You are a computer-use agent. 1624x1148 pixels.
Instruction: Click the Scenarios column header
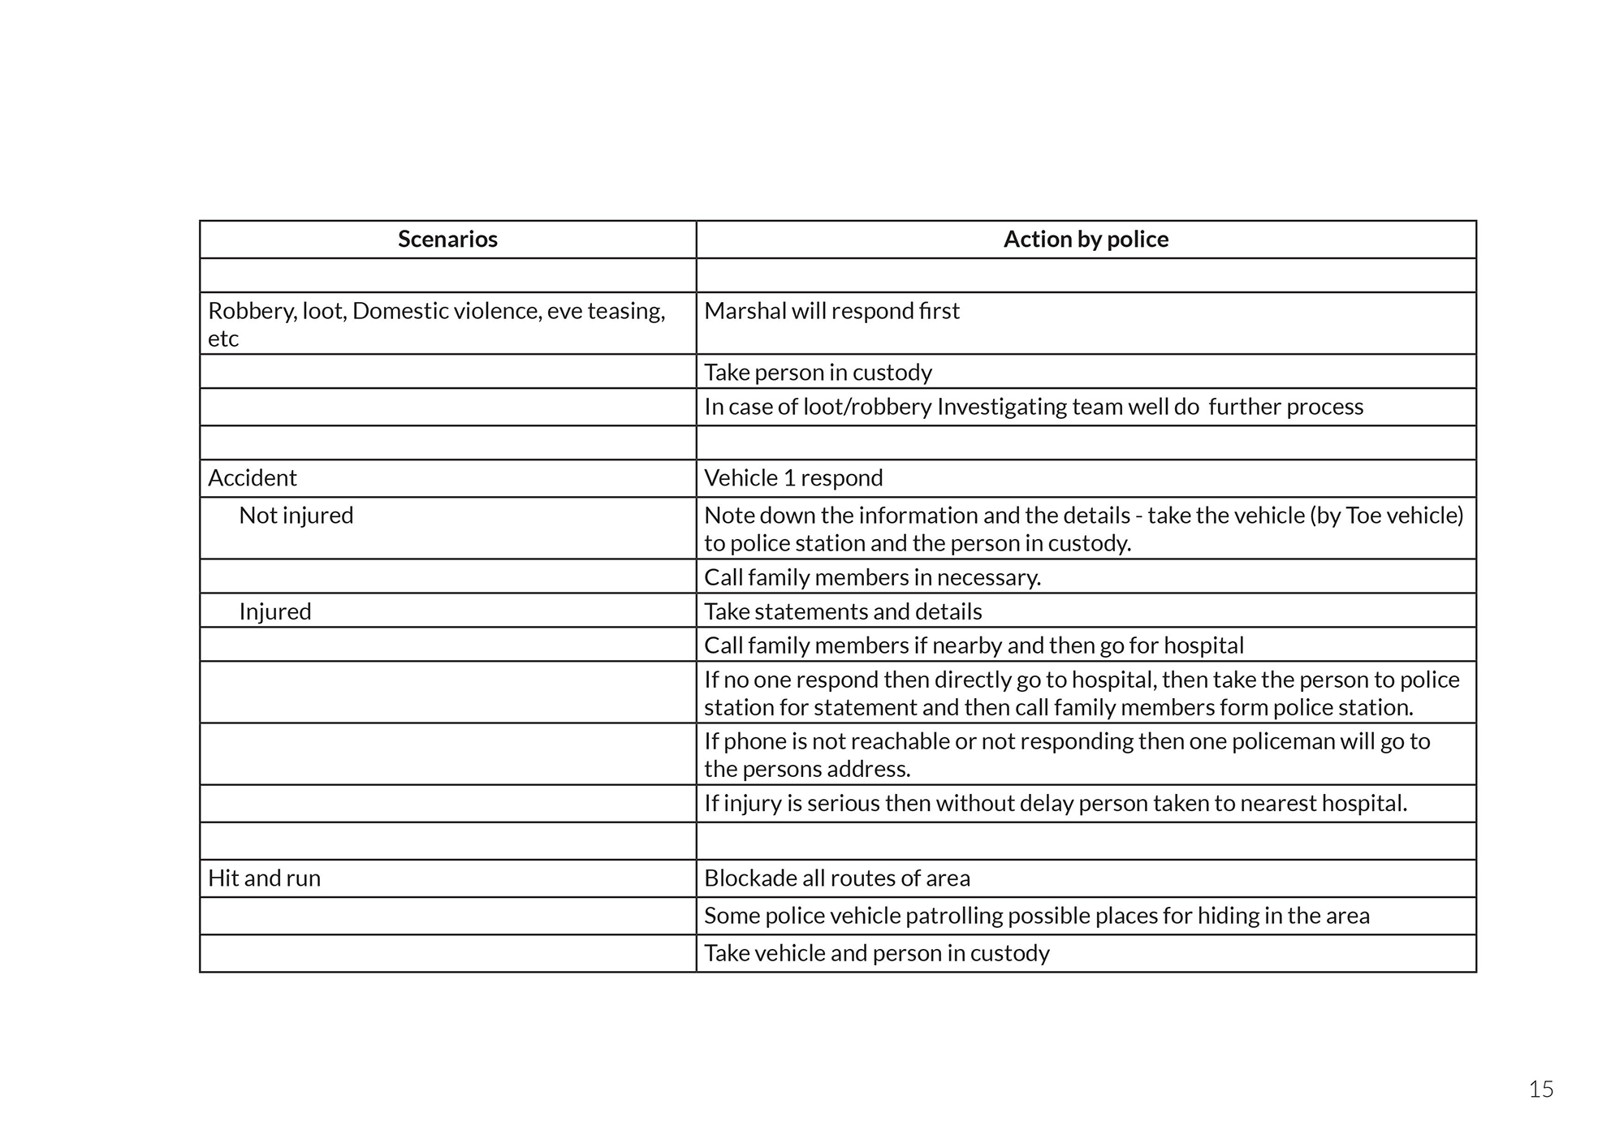pos(447,240)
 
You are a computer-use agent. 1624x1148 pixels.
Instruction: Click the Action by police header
pos(1086,240)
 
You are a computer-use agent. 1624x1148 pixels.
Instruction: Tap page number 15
pos(1540,1090)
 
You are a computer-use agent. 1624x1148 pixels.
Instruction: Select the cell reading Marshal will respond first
pos(831,312)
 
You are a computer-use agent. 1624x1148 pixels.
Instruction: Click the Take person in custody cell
pos(818,373)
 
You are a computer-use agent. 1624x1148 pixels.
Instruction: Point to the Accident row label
pos(253,478)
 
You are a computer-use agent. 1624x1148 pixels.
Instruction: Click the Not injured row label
pos(296,516)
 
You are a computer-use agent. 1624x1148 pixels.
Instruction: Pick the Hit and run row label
pos(264,878)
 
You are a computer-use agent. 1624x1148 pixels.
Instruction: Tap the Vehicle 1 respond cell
pos(793,478)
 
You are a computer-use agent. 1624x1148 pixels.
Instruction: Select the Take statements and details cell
pos(843,611)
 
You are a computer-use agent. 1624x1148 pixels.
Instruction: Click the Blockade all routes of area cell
pos(837,878)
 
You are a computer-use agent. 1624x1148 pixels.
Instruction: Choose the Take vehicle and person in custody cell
pos(877,953)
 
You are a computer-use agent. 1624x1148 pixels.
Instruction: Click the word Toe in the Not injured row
pos(1363,516)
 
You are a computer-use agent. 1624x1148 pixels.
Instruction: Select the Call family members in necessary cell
pos(872,577)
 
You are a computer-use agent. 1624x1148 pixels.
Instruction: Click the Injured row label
pos(275,611)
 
